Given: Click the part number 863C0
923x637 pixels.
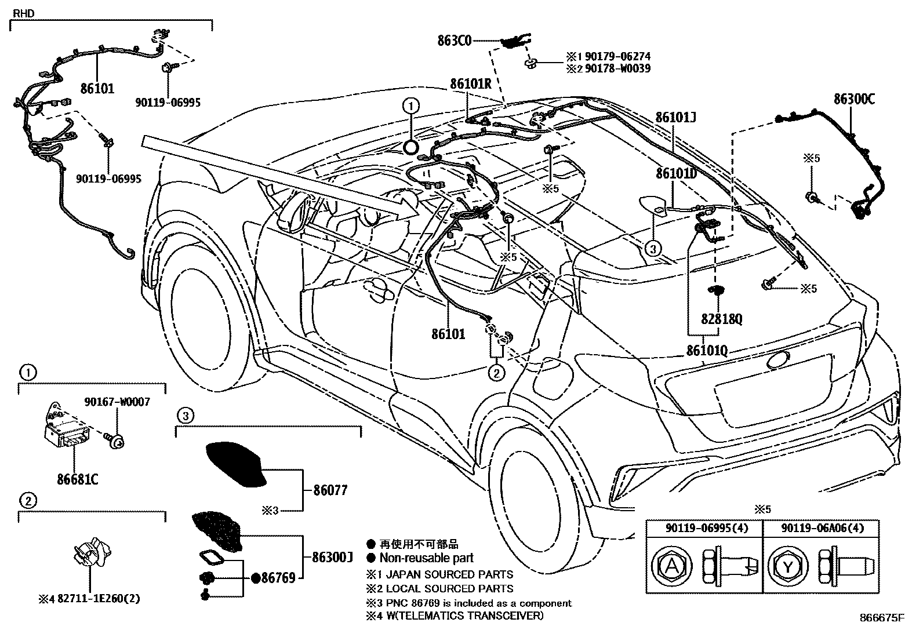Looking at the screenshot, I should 455,41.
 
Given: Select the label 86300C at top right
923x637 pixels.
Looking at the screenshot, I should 854,99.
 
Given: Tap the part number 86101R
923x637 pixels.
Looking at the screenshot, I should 471,83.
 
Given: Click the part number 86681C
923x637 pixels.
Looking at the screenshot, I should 77,479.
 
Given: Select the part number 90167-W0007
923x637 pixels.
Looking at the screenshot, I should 117,401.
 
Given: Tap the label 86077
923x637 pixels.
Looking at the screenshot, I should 330,490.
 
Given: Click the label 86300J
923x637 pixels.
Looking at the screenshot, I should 332,558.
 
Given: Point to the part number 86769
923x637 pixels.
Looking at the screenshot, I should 278,577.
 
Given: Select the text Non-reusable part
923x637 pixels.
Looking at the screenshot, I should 426,558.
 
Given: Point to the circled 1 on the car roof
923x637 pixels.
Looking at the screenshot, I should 410,105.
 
